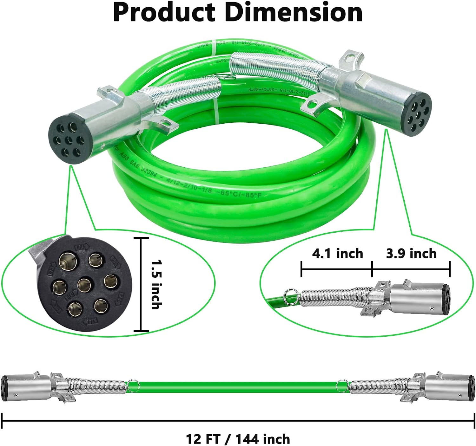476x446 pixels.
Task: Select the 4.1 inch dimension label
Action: pyautogui.click(x=337, y=254)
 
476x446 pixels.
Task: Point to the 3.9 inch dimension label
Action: pyautogui.click(x=411, y=254)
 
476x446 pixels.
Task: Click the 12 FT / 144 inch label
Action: pyautogui.click(x=238, y=439)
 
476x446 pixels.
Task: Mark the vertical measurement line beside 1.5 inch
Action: pyautogui.click(x=141, y=284)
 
